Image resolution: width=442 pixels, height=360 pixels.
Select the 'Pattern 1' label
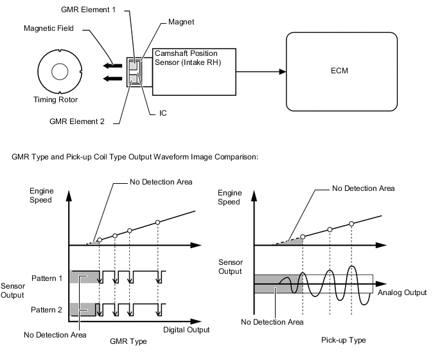click(47, 278)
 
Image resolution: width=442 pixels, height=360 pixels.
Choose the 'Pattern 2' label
click(47, 310)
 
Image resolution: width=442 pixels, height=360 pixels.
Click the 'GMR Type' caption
click(128, 341)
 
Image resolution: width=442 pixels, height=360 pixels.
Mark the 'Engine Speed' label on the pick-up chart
click(231, 197)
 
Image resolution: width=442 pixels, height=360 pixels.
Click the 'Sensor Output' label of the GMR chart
click(13, 290)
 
